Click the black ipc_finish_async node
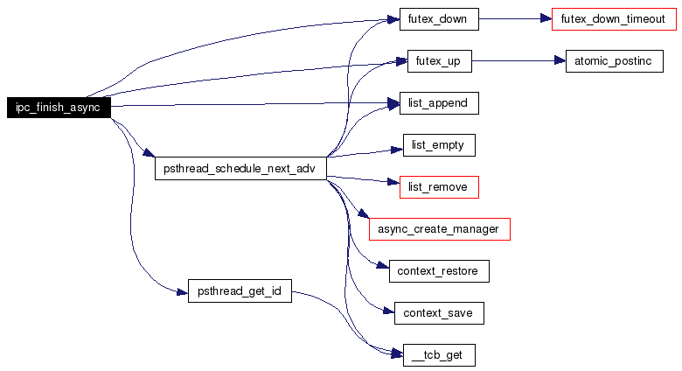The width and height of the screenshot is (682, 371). [x=59, y=108]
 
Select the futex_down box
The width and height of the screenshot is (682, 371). [x=439, y=19]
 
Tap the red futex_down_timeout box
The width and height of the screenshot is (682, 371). [x=614, y=19]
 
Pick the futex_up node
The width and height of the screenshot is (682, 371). [x=439, y=61]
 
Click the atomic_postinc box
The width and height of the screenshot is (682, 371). [x=614, y=61]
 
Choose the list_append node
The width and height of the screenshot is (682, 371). [x=439, y=103]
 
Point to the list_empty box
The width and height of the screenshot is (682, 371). [x=439, y=145]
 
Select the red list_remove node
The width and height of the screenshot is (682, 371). [x=439, y=187]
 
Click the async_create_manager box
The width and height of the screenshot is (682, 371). [x=439, y=229]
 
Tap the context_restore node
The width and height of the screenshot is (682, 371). [x=439, y=271]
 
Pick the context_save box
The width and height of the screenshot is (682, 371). [x=439, y=313]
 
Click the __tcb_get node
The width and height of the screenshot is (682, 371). [x=439, y=355]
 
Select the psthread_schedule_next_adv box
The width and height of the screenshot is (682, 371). [x=240, y=169]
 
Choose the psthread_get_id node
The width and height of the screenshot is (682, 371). [x=240, y=290]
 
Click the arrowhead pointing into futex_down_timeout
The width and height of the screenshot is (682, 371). [x=546, y=18]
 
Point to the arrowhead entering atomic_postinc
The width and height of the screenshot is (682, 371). [x=560, y=60]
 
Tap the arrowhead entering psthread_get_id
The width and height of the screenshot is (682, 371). [x=183, y=291]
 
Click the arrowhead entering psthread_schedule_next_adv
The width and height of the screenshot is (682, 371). [x=149, y=152]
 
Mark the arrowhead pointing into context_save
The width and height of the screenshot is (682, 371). [x=389, y=311]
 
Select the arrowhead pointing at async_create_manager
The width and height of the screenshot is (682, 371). [x=364, y=213]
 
